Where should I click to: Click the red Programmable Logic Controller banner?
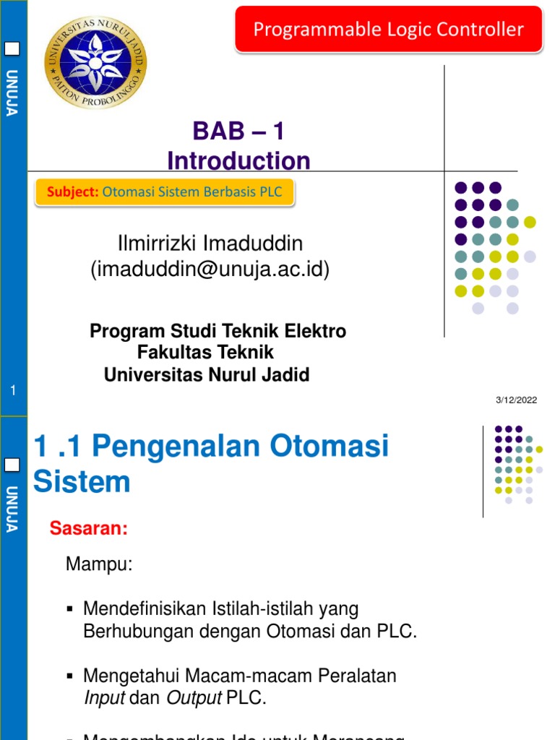tap(388, 30)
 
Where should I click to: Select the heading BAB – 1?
tap(238, 132)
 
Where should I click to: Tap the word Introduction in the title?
tap(238, 160)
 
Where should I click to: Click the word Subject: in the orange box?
tap(72, 192)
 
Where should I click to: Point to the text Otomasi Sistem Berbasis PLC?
tap(192, 192)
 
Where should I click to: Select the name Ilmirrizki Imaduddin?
tap(210, 243)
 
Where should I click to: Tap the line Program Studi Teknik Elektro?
tap(218, 332)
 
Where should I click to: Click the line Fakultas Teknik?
tap(205, 353)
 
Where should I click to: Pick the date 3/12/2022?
tap(516, 400)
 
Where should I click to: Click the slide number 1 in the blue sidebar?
tap(13, 392)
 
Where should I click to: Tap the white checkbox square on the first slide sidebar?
tap(13, 50)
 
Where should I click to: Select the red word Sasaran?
tap(88, 529)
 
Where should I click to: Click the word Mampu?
tap(99, 564)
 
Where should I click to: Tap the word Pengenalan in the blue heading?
tap(177, 447)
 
